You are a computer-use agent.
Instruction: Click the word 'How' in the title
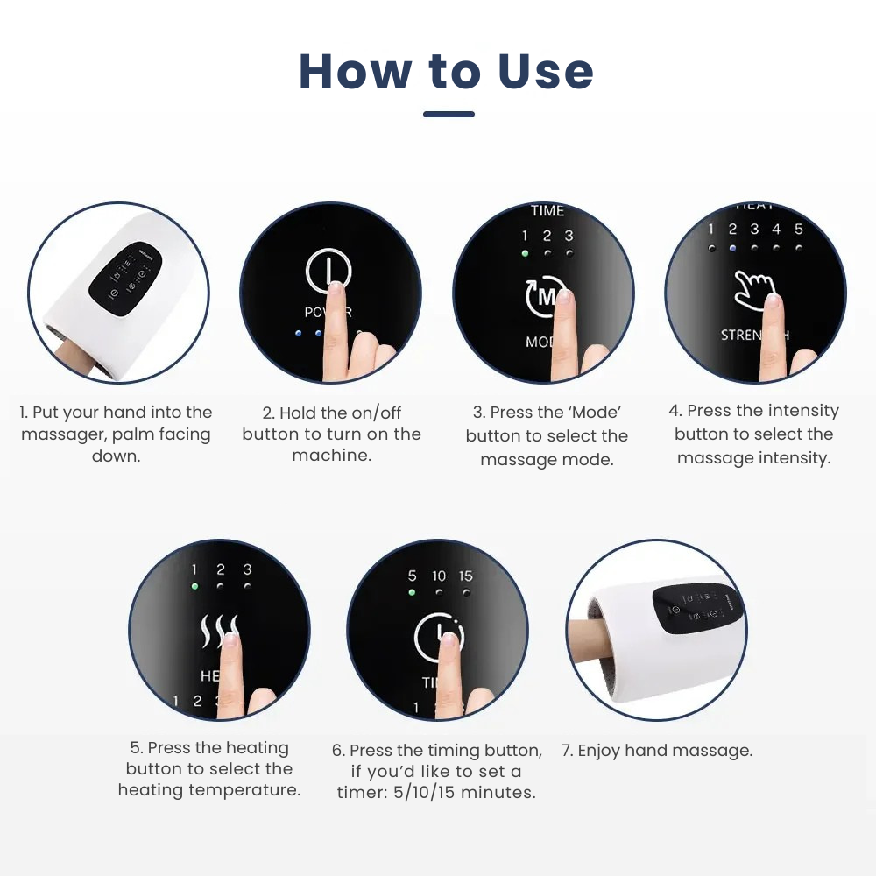[x=355, y=72]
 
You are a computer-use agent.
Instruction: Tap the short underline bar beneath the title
[x=449, y=114]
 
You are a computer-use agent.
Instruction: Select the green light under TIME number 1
[x=525, y=254]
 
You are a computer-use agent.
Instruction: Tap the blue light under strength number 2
[x=732, y=248]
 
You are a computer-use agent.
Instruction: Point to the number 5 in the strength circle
[x=798, y=230]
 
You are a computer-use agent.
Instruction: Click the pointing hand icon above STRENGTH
[x=753, y=293]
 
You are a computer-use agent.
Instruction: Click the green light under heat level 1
[x=194, y=587]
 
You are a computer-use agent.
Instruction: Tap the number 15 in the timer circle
[x=465, y=576]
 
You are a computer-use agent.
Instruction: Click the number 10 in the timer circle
[x=439, y=576]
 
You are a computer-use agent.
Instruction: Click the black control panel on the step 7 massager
[x=699, y=609]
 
